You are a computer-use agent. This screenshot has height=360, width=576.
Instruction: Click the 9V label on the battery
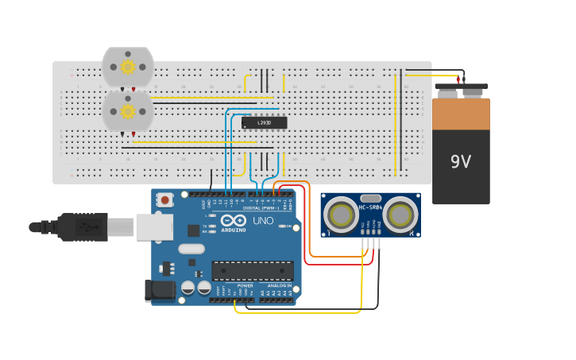461,162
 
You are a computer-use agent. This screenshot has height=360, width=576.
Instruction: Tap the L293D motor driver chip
264,122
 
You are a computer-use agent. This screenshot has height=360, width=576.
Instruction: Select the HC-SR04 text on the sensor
370,207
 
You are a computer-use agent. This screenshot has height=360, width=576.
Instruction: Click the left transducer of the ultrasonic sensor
341,215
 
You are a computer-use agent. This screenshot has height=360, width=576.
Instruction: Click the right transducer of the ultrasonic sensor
400,215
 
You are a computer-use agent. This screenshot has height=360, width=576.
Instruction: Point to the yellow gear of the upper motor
128,68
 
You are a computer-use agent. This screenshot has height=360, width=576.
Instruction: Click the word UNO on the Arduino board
263,220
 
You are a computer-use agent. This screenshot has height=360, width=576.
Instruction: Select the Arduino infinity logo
234,220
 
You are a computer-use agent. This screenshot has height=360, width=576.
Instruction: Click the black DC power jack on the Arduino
160,291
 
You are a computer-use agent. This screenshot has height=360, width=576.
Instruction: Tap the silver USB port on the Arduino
154,226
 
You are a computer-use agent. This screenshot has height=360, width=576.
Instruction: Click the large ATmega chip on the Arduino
252,270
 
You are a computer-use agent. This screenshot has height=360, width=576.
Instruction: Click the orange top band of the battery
461,114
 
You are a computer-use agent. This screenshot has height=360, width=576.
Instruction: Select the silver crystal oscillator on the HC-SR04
370,198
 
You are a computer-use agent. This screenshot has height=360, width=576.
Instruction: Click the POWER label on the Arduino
245,285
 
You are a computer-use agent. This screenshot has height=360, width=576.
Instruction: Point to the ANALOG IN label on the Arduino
278,285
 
